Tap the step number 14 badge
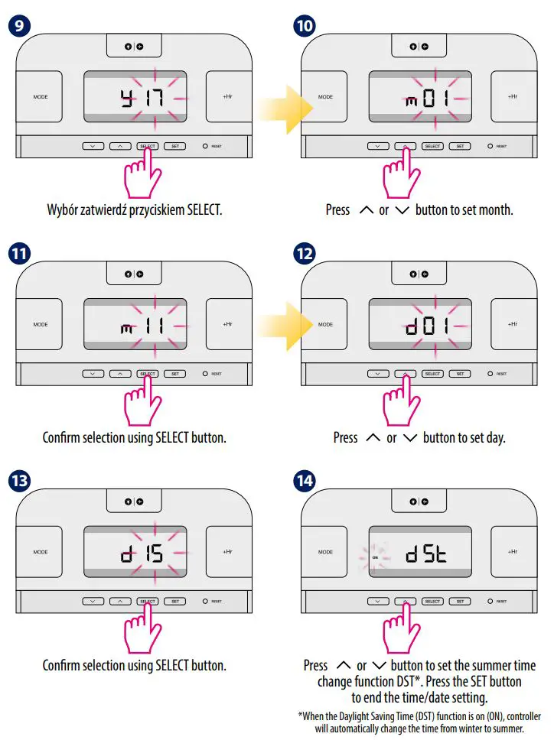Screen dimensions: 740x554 click(305, 481)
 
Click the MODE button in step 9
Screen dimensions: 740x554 click(40, 97)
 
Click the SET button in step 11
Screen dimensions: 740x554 click(174, 374)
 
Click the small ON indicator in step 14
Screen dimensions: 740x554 click(375, 558)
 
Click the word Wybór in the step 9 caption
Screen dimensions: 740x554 click(62, 209)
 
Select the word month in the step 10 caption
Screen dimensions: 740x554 click(496, 209)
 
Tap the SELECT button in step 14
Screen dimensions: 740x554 click(432, 602)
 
